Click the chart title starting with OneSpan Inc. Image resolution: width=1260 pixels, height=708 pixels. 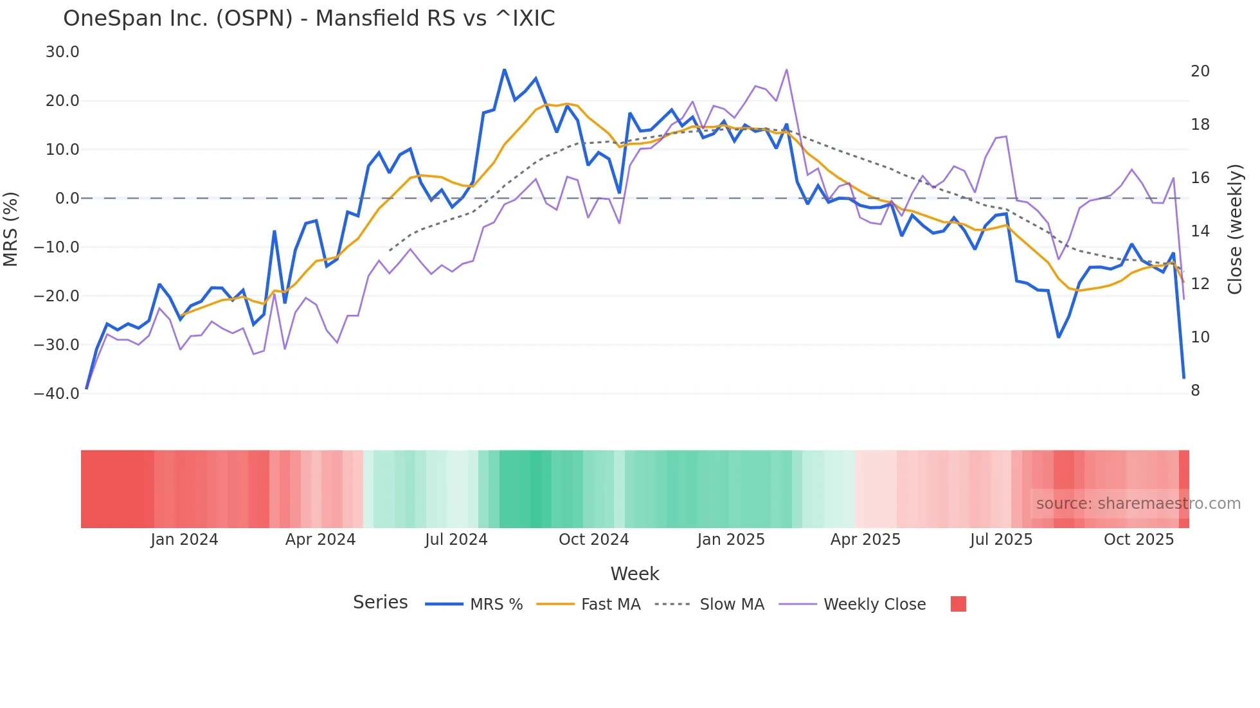click(309, 19)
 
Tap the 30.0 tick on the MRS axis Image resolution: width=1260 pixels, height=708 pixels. click(62, 52)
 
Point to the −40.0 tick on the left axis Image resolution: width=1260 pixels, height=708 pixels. click(57, 394)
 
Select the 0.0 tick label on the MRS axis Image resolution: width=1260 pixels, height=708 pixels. click(67, 199)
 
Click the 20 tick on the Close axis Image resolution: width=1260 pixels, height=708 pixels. click(1200, 71)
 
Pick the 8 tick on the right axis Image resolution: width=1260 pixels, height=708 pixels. click(1195, 391)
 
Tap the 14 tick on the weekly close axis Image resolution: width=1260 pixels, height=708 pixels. click(1200, 231)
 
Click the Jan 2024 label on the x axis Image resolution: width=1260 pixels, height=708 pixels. click(184, 540)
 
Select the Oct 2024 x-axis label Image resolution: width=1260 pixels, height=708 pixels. click(593, 540)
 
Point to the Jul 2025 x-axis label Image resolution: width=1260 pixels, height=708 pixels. click(1001, 540)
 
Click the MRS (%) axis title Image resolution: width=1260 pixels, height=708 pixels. click(11, 229)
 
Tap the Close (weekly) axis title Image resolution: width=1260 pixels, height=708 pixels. click(1235, 229)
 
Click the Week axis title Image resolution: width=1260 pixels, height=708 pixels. click(634, 574)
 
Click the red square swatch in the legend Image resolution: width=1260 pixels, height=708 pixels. click(958, 604)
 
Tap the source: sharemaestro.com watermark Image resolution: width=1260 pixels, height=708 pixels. click(1138, 504)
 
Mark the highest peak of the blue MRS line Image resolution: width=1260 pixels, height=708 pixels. click(505, 69)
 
